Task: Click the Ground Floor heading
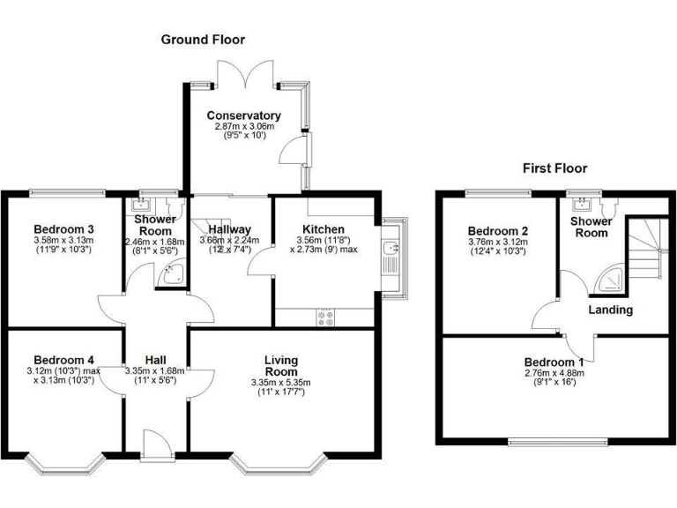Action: (203, 40)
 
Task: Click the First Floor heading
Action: (554, 168)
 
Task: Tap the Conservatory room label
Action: (244, 116)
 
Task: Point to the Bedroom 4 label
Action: (63, 359)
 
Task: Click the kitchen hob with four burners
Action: (324, 317)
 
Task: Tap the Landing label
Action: (611, 310)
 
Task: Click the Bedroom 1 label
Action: (554, 362)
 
